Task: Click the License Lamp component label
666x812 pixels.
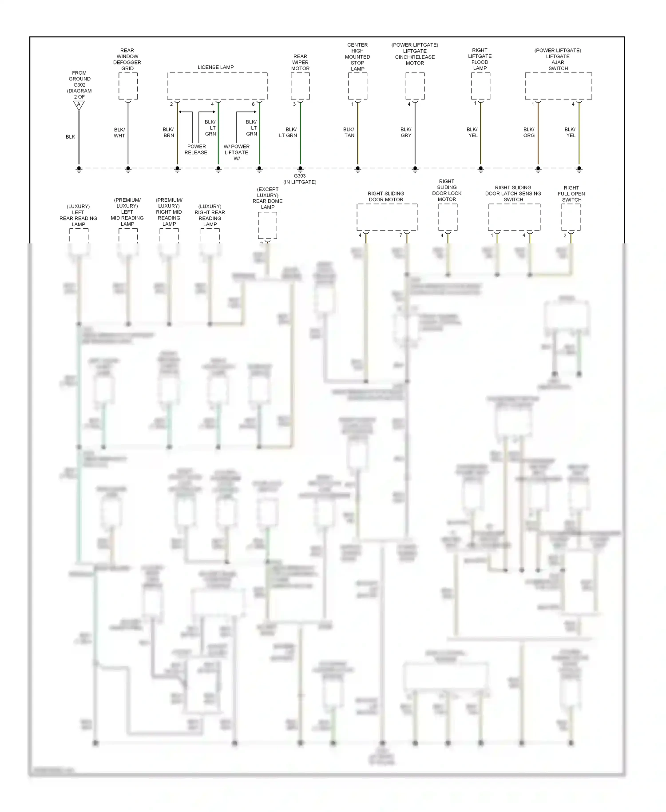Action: point(215,68)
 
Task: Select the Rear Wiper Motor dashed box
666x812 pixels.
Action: point(300,86)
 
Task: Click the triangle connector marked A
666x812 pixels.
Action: point(79,105)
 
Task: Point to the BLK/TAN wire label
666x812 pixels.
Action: point(349,132)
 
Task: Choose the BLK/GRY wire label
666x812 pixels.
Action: point(406,132)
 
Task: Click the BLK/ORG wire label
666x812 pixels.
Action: point(529,132)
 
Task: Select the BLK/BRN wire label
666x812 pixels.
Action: point(168,132)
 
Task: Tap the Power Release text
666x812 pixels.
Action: point(196,150)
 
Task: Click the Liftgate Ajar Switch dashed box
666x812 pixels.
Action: point(558,86)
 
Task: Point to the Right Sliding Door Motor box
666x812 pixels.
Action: point(387,217)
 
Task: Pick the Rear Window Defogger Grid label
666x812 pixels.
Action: point(127,60)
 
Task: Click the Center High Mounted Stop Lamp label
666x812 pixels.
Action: point(357,57)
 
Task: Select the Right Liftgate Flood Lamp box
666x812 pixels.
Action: point(480,86)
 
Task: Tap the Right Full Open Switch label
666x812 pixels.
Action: point(571,194)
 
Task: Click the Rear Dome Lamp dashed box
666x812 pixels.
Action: point(268,225)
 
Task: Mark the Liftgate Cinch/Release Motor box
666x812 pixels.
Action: point(415,86)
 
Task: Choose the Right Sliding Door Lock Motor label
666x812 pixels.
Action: point(447,191)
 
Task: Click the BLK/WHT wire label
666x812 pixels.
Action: point(119,132)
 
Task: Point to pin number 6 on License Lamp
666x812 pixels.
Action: point(253,104)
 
